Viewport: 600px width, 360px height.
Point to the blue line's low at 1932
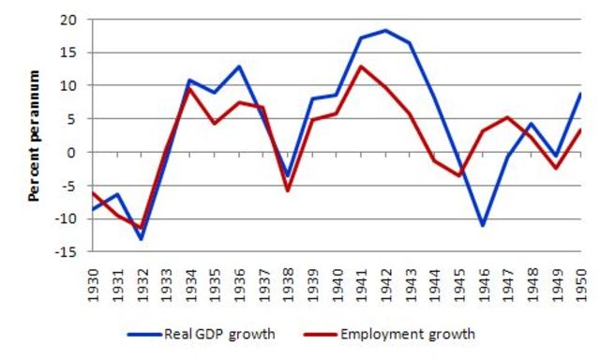click(x=142, y=239)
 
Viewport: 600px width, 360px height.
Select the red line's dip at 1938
click(x=289, y=190)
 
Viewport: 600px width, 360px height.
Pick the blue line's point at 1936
click(x=240, y=67)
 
